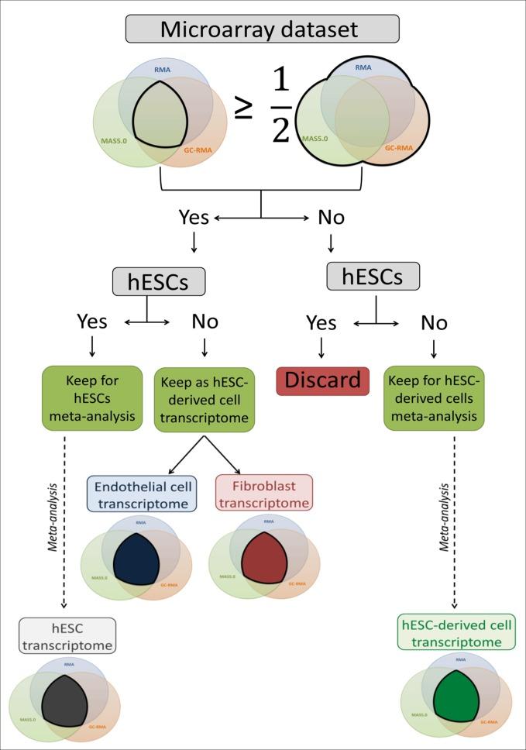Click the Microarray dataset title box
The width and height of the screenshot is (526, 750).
tap(263, 29)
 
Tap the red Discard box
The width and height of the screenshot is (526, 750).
tap(322, 380)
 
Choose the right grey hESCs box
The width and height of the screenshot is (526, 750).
tap(374, 275)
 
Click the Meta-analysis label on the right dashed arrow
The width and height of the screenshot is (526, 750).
tap(444, 518)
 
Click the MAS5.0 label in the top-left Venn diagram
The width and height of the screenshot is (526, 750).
tap(114, 141)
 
